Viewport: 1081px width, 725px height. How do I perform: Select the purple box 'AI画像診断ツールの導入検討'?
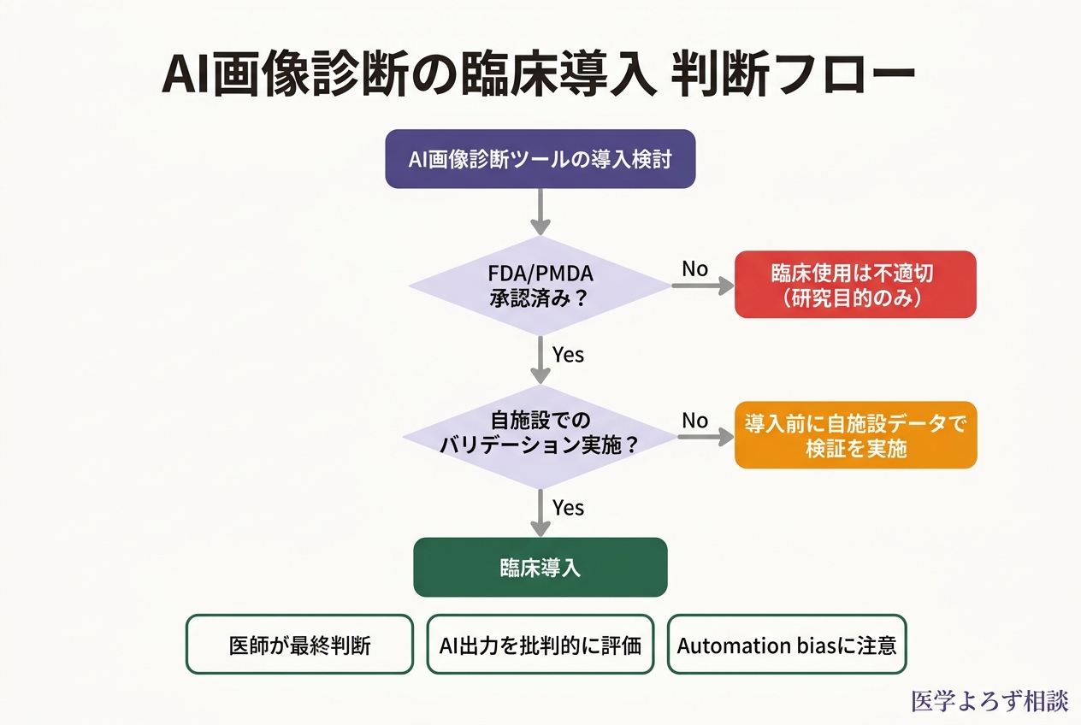pos(540,159)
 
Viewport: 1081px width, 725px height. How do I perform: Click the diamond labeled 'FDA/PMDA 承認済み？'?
pos(540,286)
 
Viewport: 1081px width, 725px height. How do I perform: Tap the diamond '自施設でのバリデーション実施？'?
pos(540,433)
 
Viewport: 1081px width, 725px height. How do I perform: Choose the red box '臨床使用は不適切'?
pos(855,284)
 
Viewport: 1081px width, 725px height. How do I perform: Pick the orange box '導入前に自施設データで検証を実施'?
pos(855,435)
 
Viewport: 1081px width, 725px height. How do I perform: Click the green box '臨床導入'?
pos(540,567)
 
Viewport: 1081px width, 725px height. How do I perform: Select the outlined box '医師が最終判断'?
pos(299,645)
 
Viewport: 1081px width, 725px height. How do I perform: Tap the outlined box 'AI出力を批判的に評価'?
pos(540,645)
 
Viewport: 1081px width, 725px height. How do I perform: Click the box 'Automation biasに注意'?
pos(786,645)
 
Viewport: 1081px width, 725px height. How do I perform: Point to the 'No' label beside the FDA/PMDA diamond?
pos(694,269)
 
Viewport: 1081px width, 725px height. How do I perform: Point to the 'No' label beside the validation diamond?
pos(694,420)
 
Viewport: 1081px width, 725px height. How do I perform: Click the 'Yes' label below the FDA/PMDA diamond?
pos(568,354)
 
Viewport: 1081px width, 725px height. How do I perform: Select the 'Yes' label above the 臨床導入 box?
pos(568,508)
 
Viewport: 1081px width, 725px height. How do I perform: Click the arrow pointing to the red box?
pos(702,286)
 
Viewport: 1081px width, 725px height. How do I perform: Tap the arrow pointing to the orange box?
pos(705,437)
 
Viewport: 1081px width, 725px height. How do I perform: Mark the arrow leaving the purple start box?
pos(540,211)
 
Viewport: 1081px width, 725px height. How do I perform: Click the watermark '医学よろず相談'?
pos(989,701)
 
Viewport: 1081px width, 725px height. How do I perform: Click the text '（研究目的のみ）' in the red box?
pos(855,299)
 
